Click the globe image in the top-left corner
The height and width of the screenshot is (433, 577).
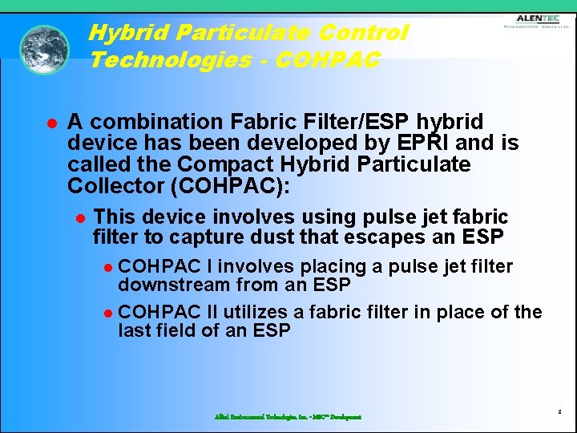pyautogui.click(x=44, y=50)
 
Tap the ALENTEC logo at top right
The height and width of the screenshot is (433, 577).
pyautogui.click(x=536, y=21)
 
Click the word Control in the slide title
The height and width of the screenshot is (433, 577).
pyautogui.click(x=363, y=33)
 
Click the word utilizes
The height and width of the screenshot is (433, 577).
pyautogui.click(x=253, y=312)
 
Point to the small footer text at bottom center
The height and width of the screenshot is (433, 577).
pyautogui.click(x=288, y=417)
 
